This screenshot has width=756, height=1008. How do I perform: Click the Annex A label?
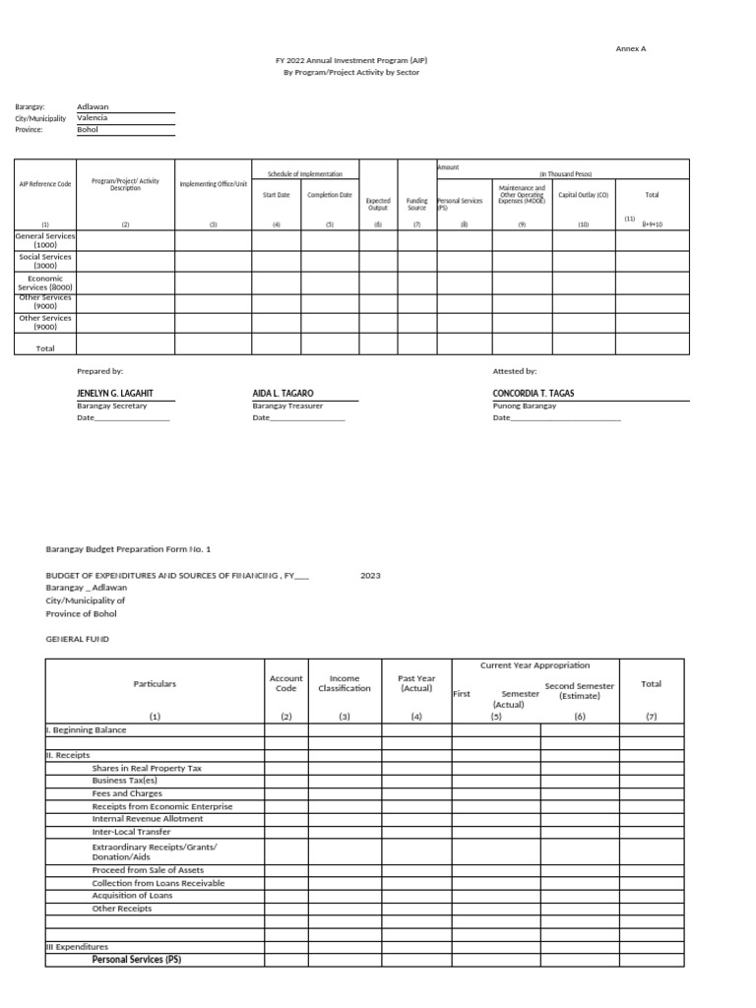pyautogui.click(x=630, y=48)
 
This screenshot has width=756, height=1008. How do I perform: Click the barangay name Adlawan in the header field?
pyautogui.click(x=93, y=106)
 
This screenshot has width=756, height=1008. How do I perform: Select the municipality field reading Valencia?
pyautogui.click(x=93, y=118)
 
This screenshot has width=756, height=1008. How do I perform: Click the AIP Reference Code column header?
pyautogui.click(x=45, y=184)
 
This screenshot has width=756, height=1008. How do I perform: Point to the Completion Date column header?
pyautogui.click(x=329, y=195)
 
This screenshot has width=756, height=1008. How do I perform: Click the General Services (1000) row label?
pyautogui.click(x=45, y=240)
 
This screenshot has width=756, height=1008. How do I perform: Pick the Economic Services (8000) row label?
pyautogui.click(x=45, y=283)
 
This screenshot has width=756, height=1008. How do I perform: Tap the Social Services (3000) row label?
pyautogui.click(x=45, y=261)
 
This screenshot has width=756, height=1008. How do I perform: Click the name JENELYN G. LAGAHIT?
pyautogui.click(x=114, y=394)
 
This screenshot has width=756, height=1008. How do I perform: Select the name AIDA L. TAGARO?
pyautogui.click(x=283, y=394)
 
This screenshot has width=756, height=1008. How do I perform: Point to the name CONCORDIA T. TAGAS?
pyautogui.click(x=534, y=394)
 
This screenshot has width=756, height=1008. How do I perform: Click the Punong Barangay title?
pyautogui.click(x=524, y=406)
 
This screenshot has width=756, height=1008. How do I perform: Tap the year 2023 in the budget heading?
pyautogui.click(x=370, y=575)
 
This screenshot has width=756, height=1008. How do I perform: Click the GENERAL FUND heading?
pyautogui.click(x=78, y=639)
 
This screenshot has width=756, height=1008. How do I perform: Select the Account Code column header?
pyautogui.click(x=285, y=683)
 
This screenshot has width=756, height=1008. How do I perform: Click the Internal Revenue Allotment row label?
pyautogui.click(x=148, y=819)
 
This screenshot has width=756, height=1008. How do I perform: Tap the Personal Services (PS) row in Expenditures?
pyautogui.click(x=137, y=959)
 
